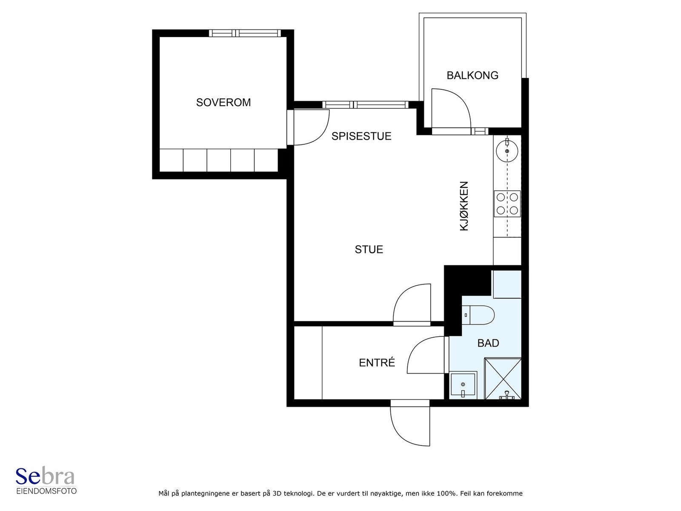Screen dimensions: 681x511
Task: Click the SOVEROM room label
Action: pyautogui.click(x=223, y=102)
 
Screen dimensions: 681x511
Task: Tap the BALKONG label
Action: pyautogui.click(x=472, y=75)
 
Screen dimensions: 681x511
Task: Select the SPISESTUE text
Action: pyautogui.click(x=361, y=136)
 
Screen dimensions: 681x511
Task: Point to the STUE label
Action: pyautogui.click(x=369, y=250)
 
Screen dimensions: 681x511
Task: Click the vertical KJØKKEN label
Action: pyautogui.click(x=464, y=206)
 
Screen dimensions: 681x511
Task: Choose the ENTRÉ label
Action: pyautogui.click(x=377, y=362)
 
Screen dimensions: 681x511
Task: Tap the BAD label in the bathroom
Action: pyautogui.click(x=488, y=343)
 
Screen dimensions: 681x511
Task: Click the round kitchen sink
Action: pyautogui.click(x=507, y=151)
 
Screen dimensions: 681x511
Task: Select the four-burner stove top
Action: pyautogui.click(x=507, y=204)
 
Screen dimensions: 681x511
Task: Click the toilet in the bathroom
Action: pyautogui.click(x=478, y=315)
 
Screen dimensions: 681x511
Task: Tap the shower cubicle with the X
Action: pyautogui.click(x=503, y=378)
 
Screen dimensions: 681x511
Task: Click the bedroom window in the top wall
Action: pyautogui.click(x=245, y=33)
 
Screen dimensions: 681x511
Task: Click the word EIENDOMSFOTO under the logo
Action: pyautogui.click(x=46, y=491)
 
